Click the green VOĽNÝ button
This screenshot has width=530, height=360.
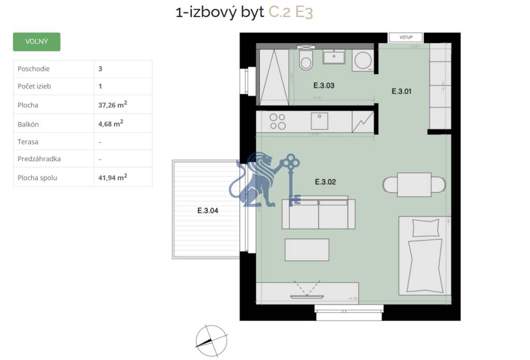click(36, 41)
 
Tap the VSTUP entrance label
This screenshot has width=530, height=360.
click(406, 37)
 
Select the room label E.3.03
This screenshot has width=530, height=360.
click(324, 85)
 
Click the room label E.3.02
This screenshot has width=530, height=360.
click(326, 182)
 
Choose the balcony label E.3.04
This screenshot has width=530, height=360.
click(208, 211)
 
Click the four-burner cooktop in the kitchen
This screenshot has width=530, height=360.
click(278, 121)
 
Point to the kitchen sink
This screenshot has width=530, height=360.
click(320, 121)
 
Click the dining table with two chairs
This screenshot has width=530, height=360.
click(414, 185)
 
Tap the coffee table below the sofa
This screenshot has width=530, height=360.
click(307, 250)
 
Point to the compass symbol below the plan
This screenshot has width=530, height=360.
click(211, 340)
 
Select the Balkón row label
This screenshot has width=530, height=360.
click(28, 124)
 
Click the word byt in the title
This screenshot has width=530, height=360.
click(252, 12)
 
